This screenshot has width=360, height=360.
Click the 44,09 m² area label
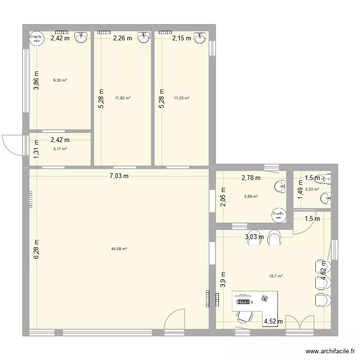(x=119, y=249)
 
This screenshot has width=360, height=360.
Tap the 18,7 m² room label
(x=276, y=276)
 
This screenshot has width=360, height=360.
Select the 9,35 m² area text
(x=60, y=80)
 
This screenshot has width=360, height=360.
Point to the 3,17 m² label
(x=60, y=149)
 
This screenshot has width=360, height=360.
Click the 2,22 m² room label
(x=314, y=189)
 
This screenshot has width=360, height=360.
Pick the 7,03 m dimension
(x=119, y=176)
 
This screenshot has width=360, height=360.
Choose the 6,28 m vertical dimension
(x=36, y=250)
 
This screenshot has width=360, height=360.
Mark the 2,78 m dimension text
(x=251, y=178)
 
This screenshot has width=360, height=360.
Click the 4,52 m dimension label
(x=273, y=322)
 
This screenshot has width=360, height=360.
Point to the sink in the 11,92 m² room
(x=143, y=37)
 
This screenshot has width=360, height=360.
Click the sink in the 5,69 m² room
(x=280, y=186)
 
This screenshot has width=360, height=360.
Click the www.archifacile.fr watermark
(x=333, y=351)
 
